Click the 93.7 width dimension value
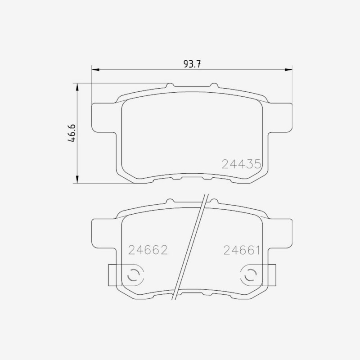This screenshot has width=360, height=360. click(192, 64)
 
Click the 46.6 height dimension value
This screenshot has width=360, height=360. click(72, 133)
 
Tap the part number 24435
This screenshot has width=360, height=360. click(241, 164)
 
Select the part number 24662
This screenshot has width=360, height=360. click(148, 250)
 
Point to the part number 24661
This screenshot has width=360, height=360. click(242, 250)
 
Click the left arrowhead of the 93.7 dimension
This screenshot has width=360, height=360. click(95, 70)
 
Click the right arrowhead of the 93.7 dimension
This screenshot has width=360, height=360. click(288, 70)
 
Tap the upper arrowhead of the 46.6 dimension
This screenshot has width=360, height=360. click(77, 87)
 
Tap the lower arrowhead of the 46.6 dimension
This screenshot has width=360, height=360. click(77, 179)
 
